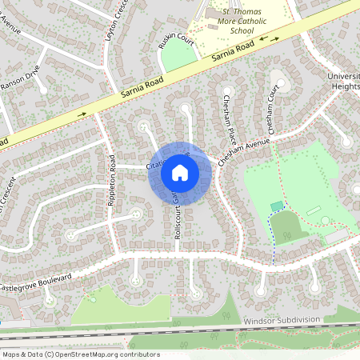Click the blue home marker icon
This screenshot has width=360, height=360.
coord(180,173)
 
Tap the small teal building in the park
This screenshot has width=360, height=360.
coord(277,206)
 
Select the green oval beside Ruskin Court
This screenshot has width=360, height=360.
coord(182,55)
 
